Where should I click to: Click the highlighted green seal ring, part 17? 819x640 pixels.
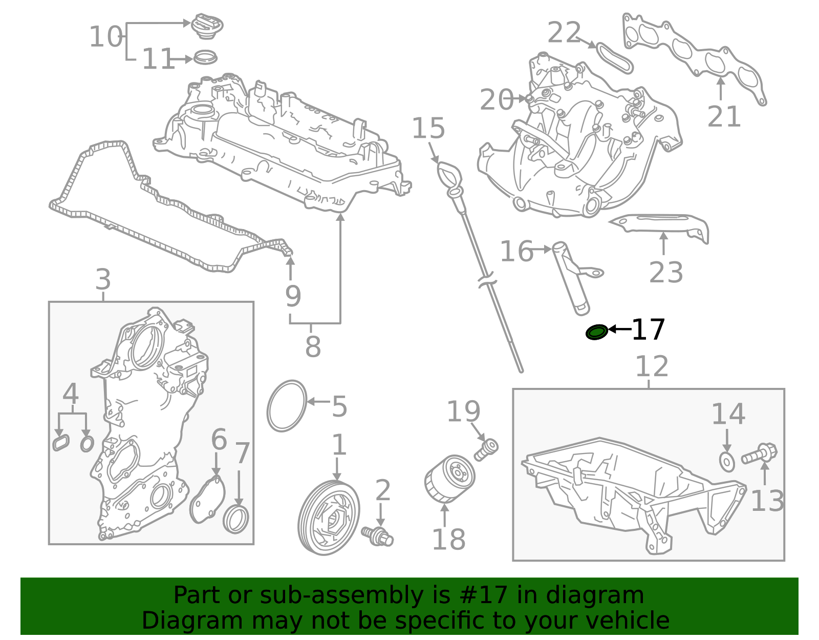click(596, 332)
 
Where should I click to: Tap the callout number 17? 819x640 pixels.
click(648, 329)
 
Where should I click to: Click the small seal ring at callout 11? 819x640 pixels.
click(205, 57)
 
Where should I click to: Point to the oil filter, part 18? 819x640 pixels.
click(449, 479)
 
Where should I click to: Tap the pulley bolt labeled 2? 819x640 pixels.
click(378, 534)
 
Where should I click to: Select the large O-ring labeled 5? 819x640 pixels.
click(287, 406)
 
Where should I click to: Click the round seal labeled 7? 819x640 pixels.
click(236, 519)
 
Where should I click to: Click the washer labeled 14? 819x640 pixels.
click(726, 461)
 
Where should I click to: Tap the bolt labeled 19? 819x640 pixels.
click(486, 449)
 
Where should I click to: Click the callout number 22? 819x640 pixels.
click(564, 33)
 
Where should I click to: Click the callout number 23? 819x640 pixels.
click(666, 272)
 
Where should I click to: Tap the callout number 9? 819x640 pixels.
click(293, 296)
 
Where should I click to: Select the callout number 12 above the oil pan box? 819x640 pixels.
click(652, 366)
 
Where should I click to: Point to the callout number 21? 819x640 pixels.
click(724, 117)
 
